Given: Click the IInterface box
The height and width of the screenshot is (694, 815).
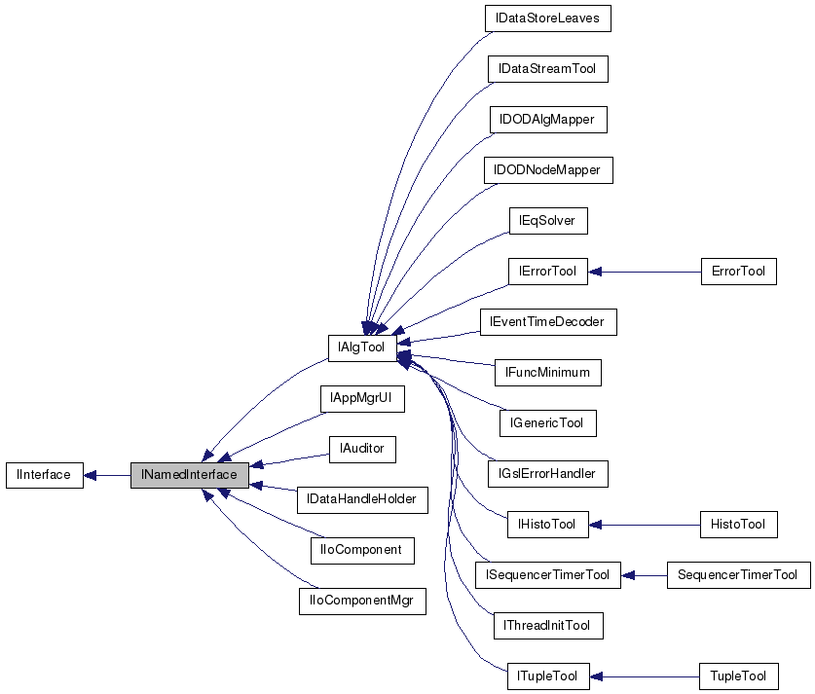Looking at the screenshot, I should [x=44, y=475].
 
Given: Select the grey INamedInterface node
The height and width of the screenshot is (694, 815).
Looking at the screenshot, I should [x=189, y=475].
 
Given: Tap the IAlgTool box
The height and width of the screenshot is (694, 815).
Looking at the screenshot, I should [x=361, y=347].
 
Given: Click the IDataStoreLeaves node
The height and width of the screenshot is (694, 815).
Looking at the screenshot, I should [x=548, y=18].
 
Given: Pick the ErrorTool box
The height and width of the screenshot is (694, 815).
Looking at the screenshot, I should [x=738, y=272].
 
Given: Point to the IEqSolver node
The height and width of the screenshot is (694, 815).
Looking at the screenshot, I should [x=547, y=221].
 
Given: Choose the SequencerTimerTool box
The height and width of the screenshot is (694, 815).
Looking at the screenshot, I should [x=738, y=575].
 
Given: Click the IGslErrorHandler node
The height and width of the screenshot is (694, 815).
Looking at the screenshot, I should [x=547, y=474].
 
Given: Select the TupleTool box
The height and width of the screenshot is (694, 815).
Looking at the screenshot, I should [x=738, y=676].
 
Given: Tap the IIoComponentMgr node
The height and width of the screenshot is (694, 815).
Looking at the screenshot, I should [x=361, y=601].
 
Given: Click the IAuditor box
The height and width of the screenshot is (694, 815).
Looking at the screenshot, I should [x=361, y=449].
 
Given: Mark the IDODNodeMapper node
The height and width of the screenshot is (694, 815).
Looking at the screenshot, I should [x=547, y=170].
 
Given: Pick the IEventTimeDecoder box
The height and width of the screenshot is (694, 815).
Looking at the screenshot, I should [x=548, y=322].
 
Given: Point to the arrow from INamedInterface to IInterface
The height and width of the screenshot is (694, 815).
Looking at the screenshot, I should [x=107, y=475].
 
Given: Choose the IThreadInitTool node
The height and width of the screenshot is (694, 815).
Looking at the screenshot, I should [x=547, y=626].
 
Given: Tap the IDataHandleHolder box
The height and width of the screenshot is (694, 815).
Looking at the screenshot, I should [x=361, y=499].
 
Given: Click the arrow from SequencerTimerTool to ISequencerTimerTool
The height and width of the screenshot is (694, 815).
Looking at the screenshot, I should [x=644, y=575].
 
